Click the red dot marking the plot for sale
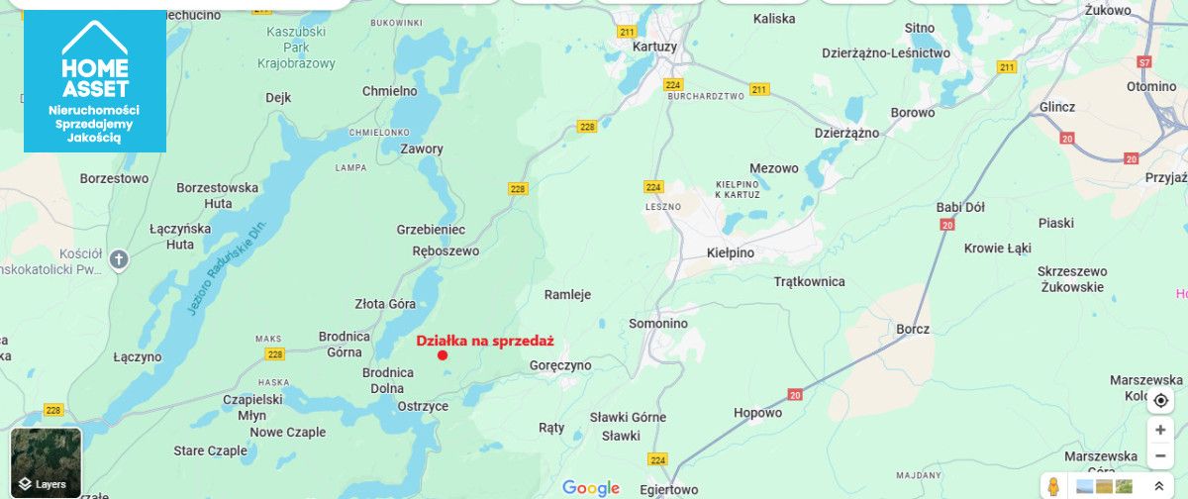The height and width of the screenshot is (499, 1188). (x=443, y=355)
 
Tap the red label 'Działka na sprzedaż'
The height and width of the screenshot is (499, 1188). (x=484, y=341)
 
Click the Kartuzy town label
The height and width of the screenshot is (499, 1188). (x=654, y=47)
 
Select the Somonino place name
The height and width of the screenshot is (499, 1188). (x=658, y=324)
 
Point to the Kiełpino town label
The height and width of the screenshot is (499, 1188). (x=731, y=252)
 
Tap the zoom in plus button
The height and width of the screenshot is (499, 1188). (x=1160, y=431)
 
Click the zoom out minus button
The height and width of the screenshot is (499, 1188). (x=1160, y=456)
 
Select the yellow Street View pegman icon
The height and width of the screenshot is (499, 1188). (x=1054, y=486)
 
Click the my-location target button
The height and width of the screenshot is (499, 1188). (x=1160, y=400)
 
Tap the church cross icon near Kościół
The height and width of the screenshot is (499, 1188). (x=119, y=259)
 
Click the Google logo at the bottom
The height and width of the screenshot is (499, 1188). (x=591, y=488)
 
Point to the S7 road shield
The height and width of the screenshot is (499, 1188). (x=1144, y=61)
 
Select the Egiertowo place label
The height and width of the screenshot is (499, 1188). (x=668, y=490)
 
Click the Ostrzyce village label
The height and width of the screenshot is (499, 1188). (x=423, y=406)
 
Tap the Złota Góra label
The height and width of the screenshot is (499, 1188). (x=385, y=304)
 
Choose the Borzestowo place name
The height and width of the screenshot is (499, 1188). (x=115, y=179)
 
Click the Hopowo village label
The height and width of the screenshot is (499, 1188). (x=757, y=413)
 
